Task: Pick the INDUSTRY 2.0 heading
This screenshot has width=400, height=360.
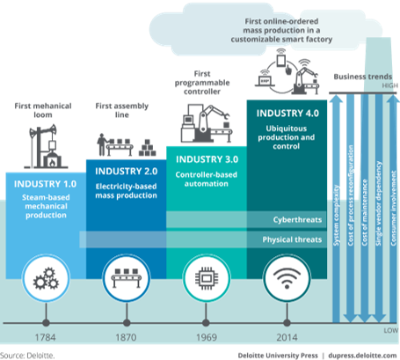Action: [121, 169]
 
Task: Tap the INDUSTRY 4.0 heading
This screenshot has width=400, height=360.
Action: [284, 114]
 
